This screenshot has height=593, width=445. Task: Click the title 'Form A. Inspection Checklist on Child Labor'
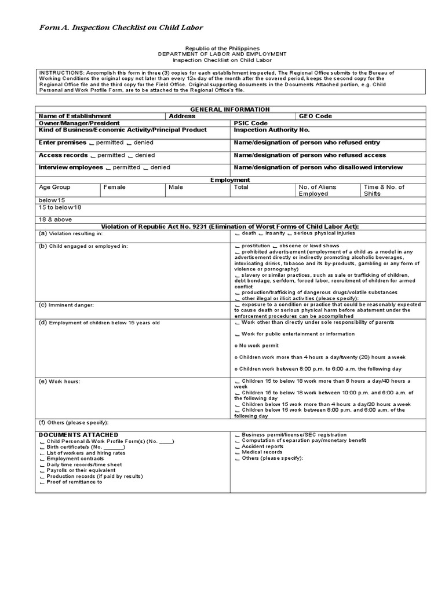(121, 27)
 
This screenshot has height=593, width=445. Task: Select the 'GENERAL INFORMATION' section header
(222, 109)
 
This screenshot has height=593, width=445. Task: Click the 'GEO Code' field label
(315, 116)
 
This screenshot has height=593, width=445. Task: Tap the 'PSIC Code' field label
(251, 123)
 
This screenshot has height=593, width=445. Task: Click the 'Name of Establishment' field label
(75, 116)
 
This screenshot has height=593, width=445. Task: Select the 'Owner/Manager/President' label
(79, 123)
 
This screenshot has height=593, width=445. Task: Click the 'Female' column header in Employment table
(114, 188)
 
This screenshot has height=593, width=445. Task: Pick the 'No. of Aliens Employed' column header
(317, 191)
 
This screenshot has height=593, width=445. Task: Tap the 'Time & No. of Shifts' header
(384, 191)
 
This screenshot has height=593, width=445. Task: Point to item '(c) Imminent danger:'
(66, 305)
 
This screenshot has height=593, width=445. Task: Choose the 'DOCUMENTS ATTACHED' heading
(78, 435)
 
